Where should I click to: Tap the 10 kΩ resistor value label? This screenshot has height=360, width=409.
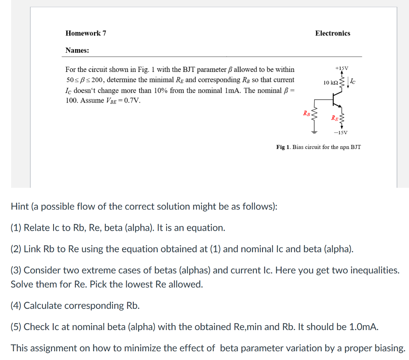click(331, 82)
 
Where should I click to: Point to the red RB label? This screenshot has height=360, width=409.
click(306, 113)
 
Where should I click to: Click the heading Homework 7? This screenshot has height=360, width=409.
click(85, 33)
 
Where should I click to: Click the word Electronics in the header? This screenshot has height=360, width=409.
click(332, 33)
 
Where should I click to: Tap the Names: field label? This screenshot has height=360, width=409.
click(77, 50)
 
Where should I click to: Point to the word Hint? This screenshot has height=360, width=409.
click(20, 207)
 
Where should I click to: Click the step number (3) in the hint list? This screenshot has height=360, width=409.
click(16, 270)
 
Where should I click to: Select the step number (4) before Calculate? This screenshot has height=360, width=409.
click(16, 306)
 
